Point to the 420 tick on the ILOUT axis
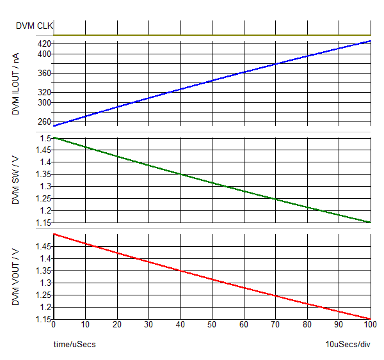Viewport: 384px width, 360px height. (x=44, y=43)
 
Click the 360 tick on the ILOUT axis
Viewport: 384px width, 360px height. (x=44, y=74)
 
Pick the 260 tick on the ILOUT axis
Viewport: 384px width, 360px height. (x=44, y=121)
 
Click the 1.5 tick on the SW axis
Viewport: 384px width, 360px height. (x=45, y=138)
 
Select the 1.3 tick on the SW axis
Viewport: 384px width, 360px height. (x=45, y=186)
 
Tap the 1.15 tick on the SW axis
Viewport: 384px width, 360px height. (x=44, y=223)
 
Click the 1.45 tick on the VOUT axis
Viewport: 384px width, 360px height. (x=44, y=246)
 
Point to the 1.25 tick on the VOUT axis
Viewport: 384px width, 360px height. (x=44, y=295)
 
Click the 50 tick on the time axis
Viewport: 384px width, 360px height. (x=212, y=325)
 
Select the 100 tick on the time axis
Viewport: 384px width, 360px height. (x=370, y=325)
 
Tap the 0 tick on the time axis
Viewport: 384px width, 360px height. (x=54, y=325)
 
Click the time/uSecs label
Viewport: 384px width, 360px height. (x=74, y=345)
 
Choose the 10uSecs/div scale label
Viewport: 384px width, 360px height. (x=348, y=345)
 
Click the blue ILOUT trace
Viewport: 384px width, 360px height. (x=212, y=83)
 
